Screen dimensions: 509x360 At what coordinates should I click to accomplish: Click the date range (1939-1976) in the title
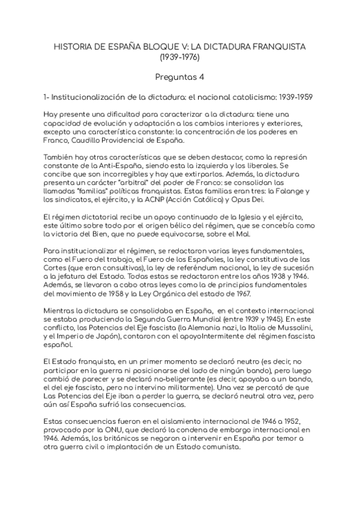pos(179,58)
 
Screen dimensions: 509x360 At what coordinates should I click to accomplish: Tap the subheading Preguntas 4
pos(179,76)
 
